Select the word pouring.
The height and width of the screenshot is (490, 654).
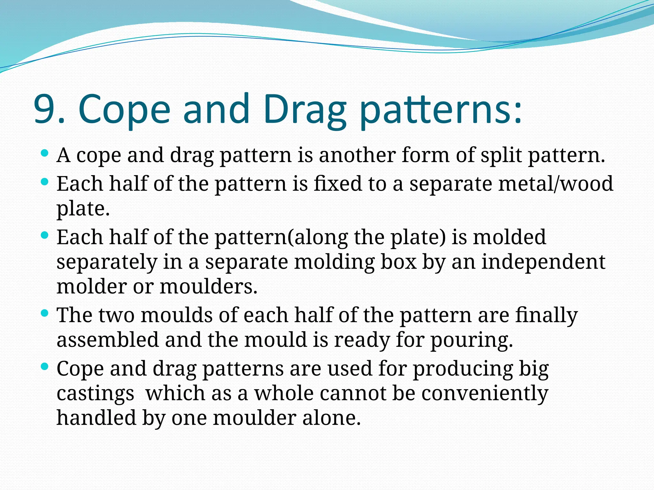pyautogui.click(x=472, y=340)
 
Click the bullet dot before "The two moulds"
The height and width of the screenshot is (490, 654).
pyautogui.click(x=45, y=313)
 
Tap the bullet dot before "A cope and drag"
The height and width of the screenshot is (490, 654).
pyautogui.click(x=45, y=153)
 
